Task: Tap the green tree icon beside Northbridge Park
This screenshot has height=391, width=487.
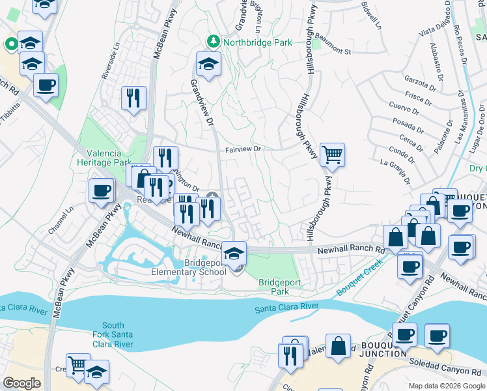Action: (213, 42)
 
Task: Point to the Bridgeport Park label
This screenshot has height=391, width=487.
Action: (278, 286)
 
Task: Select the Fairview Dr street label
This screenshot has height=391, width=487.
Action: (243, 149)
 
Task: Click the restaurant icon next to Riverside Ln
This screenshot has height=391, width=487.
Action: (133, 98)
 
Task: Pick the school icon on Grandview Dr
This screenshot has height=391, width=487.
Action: (208, 64)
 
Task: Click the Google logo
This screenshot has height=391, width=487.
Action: (21, 383)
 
